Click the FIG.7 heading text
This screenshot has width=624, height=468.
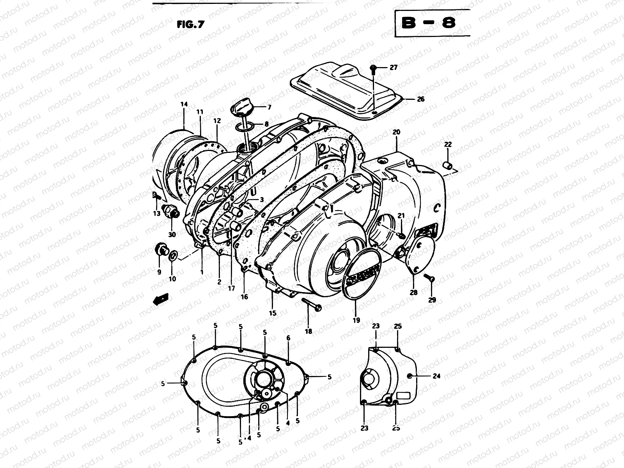pyautogui.click(x=191, y=24)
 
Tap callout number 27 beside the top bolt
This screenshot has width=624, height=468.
pyautogui.click(x=393, y=67)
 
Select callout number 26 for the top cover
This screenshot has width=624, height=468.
pyautogui.click(x=420, y=99)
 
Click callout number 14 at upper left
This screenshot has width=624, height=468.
pyautogui.click(x=184, y=104)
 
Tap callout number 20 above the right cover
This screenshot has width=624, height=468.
pyautogui.click(x=396, y=132)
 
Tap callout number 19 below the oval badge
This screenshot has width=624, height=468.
pyautogui.click(x=356, y=321)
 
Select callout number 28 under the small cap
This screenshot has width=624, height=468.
pyautogui.click(x=413, y=292)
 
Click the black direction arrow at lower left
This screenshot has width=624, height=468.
pyautogui.click(x=161, y=300)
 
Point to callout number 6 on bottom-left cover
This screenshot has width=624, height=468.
pyautogui.click(x=288, y=338)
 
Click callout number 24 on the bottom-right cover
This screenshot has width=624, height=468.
pyautogui.click(x=436, y=376)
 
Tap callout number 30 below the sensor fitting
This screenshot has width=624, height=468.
pyautogui.click(x=172, y=234)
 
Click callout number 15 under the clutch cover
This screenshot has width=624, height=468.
pyautogui.click(x=272, y=313)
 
